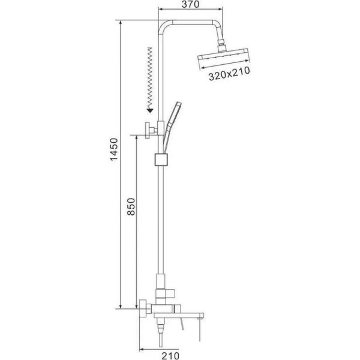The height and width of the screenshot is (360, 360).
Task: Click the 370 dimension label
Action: click(190, 4)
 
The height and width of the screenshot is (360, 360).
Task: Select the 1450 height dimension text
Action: click(114, 149)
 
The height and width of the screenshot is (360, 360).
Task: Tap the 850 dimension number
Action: click(131, 206)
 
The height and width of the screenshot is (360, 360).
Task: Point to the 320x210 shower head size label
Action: click(229, 73)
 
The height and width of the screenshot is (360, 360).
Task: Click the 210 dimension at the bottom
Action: click(170, 356)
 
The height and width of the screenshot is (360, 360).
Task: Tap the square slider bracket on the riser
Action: click(161, 160)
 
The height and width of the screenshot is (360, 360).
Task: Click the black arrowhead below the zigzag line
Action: click(150, 111)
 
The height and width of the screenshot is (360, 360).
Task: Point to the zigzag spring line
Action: click(150, 78)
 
